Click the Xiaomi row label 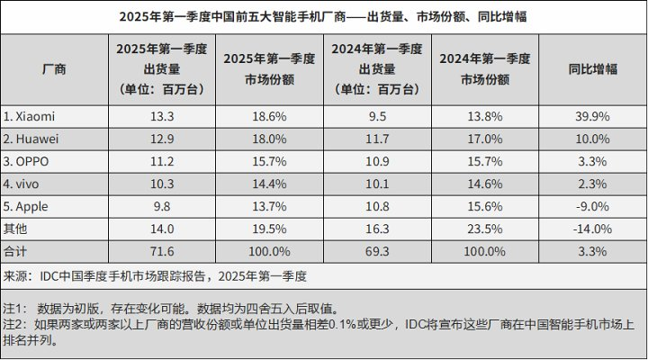(30, 116)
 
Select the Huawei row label (31, 138)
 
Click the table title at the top (324, 17)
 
